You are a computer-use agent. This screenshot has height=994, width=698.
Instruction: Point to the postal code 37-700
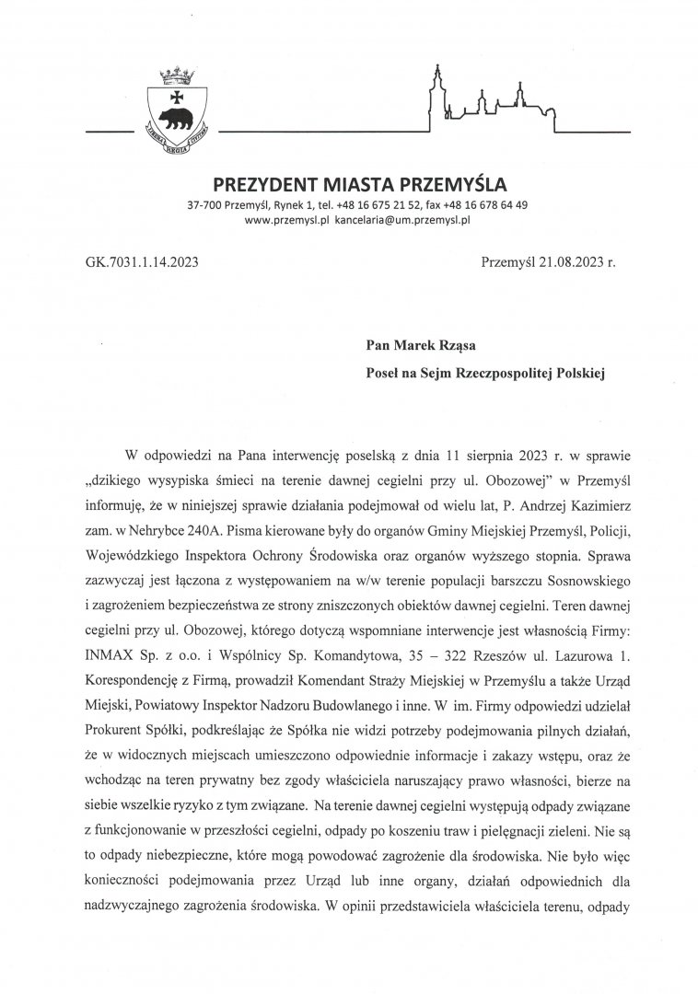(203, 203)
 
